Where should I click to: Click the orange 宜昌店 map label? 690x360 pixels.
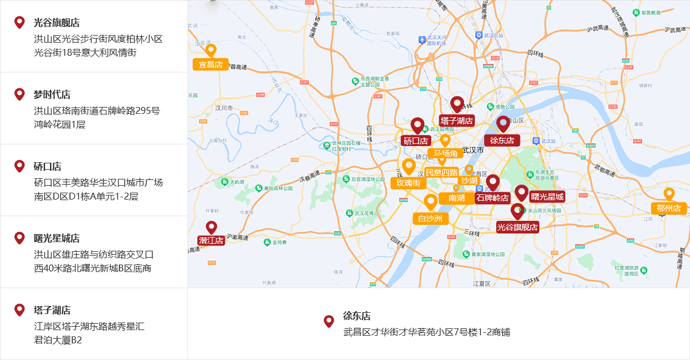(x=210, y=64)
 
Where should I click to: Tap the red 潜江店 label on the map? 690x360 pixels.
(x=211, y=240)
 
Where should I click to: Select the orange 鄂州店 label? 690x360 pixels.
(x=669, y=208)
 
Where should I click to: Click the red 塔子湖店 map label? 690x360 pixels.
(x=457, y=121)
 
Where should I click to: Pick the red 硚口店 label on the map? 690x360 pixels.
(x=416, y=140)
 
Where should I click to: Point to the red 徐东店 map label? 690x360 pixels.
(x=502, y=140)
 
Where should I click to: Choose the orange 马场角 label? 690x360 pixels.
(x=446, y=154)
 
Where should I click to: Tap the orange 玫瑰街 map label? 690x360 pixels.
(x=408, y=183)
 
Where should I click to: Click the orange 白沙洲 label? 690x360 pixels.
(x=430, y=219)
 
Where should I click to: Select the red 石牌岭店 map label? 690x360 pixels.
(x=493, y=198)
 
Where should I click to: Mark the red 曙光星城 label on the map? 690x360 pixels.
(x=547, y=197)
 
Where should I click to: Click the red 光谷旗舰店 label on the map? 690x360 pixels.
(x=517, y=227)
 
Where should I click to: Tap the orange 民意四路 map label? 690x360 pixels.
(x=442, y=172)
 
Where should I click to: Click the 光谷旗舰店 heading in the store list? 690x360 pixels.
(x=56, y=23)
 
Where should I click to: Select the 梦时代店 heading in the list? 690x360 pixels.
(x=52, y=94)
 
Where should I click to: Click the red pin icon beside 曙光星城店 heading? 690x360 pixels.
(x=20, y=238)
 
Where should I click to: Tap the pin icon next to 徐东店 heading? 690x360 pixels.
(x=329, y=321)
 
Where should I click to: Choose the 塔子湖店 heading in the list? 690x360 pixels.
(x=52, y=311)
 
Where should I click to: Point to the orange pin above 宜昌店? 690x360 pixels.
(x=210, y=50)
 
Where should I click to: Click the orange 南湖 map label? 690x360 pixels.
(x=457, y=198)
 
